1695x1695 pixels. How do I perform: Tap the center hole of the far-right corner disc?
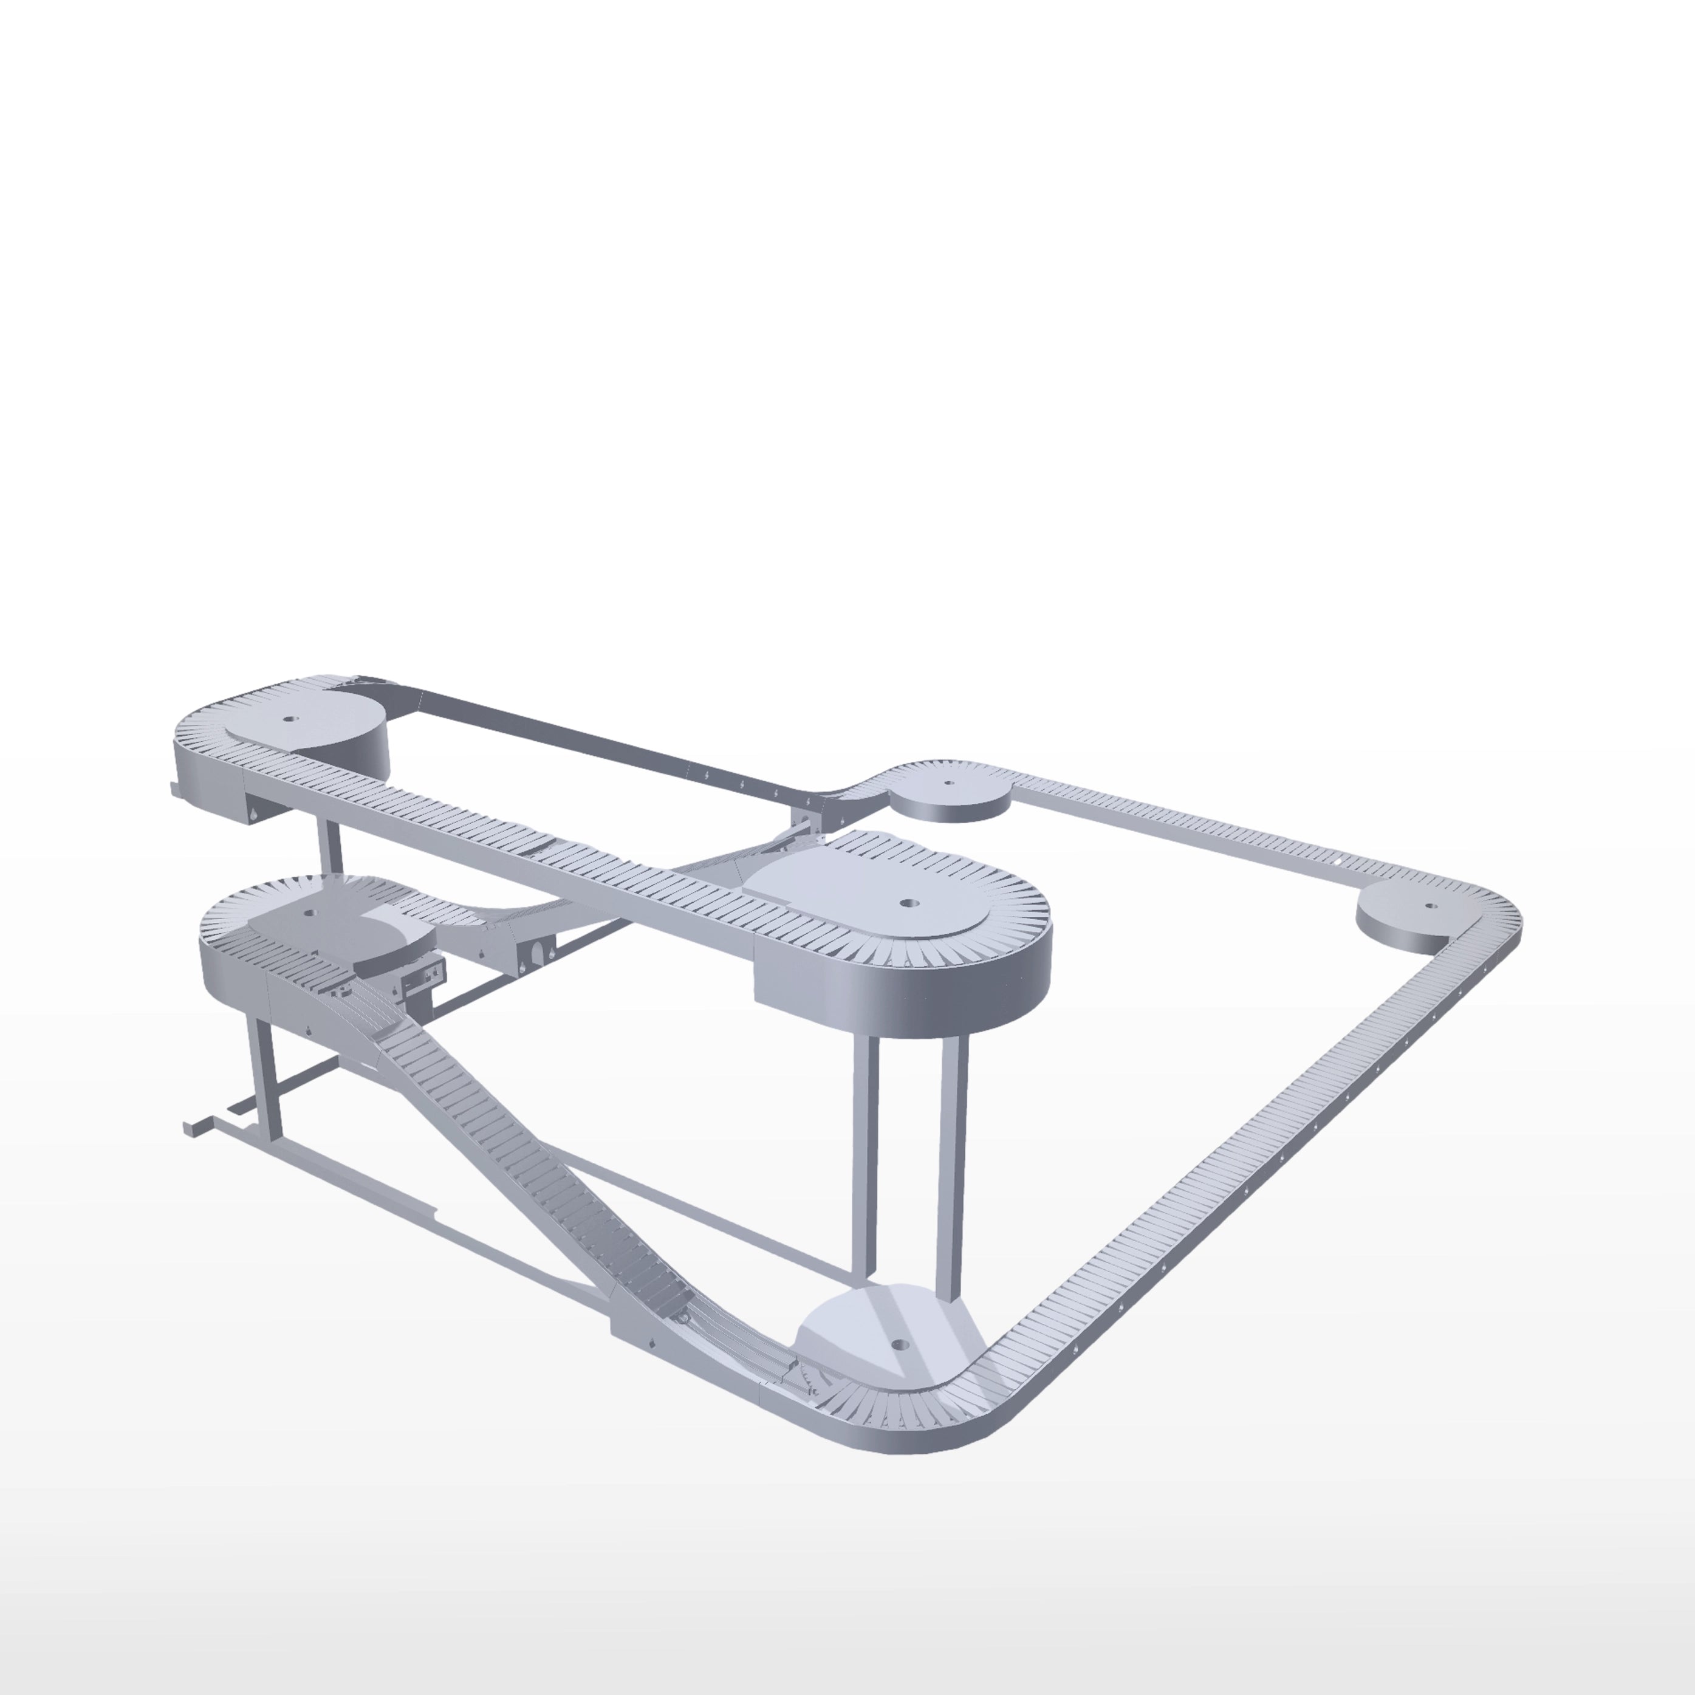pos(1430,905)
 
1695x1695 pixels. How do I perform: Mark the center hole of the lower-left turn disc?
pos(308,913)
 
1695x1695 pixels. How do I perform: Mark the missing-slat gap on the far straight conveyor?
pos(1334,863)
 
